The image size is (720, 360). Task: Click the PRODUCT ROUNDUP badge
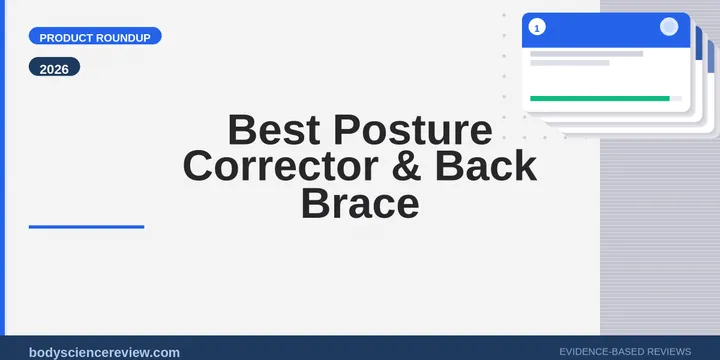(96, 37)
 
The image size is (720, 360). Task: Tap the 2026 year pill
(55, 69)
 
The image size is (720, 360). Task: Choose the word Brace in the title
(360, 203)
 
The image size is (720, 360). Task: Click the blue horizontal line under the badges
(86, 227)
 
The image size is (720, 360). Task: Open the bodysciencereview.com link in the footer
(105, 352)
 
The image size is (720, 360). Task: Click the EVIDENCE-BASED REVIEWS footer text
(625, 352)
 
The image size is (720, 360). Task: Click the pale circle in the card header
(669, 27)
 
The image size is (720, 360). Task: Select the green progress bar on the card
(599, 98)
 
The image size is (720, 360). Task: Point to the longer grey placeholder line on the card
(586, 53)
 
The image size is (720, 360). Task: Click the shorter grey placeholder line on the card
(569, 63)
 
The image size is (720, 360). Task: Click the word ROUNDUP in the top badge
(125, 37)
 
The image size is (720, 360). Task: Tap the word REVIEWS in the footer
(667, 352)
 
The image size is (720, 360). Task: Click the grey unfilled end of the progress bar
(676, 98)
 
